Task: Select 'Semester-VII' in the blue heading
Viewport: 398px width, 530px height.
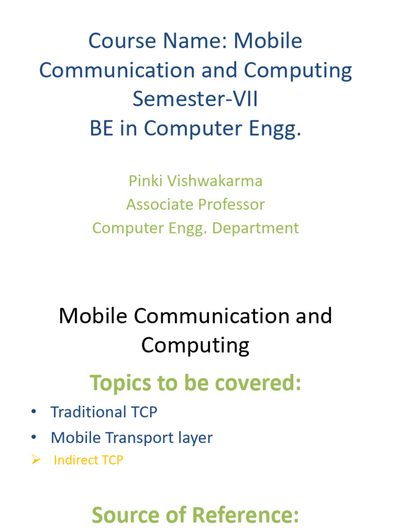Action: pos(195,99)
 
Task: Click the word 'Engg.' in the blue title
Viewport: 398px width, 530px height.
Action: pos(277,128)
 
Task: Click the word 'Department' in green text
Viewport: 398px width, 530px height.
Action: pos(263,228)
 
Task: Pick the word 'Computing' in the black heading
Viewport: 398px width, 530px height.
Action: pos(195,345)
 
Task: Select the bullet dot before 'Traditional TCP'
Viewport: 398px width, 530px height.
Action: pos(34,412)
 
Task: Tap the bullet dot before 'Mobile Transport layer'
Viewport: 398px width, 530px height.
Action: pos(34,438)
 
